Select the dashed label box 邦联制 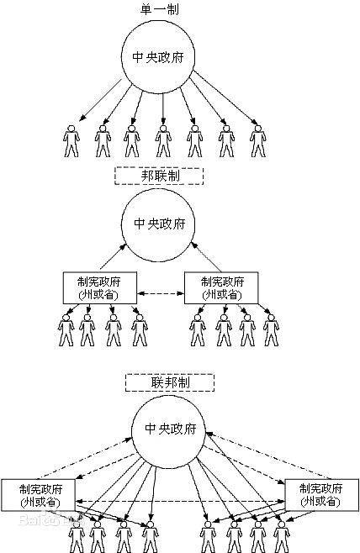(x=159, y=176)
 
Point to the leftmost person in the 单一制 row (x=71, y=140)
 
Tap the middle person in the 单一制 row (x=163, y=140)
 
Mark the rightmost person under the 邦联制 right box (x=270, y=329)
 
